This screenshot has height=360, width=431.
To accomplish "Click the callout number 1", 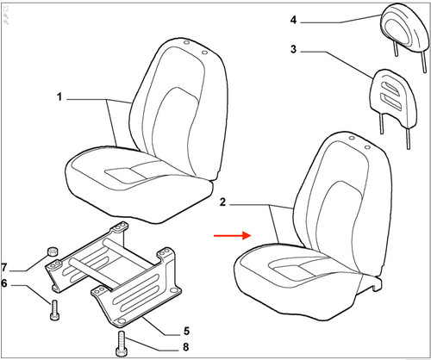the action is tap(59, 96).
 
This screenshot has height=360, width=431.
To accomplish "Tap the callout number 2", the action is tap(223, 202).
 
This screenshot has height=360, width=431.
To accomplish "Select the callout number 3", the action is tap(293, 49).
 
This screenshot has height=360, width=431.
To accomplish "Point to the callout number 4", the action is tap(293, 20).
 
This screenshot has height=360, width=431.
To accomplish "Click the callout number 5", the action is tap(187, 331).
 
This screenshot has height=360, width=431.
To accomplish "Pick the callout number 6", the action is tap(4, 283).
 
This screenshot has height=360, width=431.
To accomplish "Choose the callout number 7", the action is tap(4, 268).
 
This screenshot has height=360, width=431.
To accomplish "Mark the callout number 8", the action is tap(186, 347).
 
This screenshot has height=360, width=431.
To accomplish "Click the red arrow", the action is tap(233, 236).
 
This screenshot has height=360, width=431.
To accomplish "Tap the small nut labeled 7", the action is tap(52, 251).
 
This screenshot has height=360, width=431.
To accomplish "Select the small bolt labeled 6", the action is tap(54, 310).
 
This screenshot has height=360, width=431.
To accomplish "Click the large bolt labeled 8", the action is tap(122, 344).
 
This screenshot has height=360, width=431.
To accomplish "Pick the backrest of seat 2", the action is tap(343, 201).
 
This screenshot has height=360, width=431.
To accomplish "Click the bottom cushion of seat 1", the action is tap(138, 183).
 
